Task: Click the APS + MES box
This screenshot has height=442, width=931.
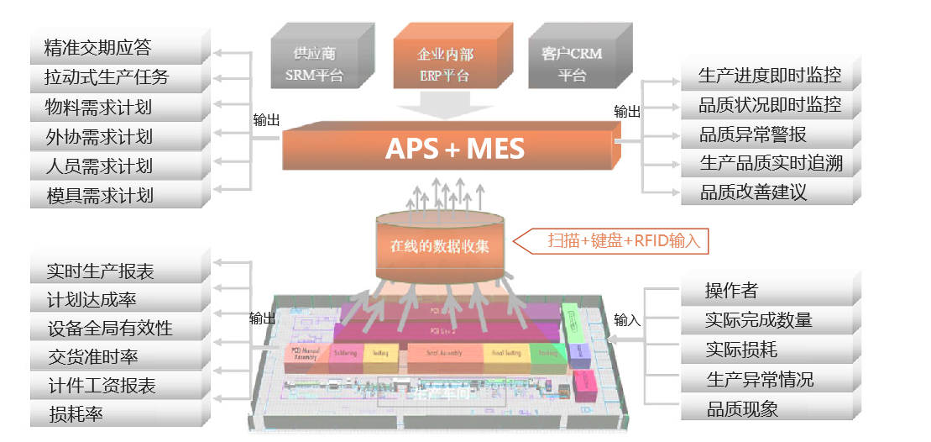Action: click(454, 149)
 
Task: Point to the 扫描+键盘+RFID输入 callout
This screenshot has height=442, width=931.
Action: click(620, 241)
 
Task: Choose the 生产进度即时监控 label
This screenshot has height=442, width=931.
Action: click(769, 76)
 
